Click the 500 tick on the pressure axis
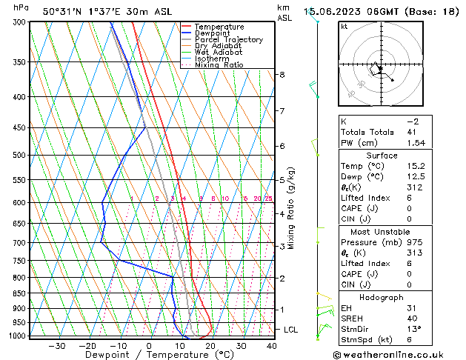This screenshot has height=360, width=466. (x=19, y=156)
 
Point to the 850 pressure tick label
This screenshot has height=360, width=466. (x=19, y=293)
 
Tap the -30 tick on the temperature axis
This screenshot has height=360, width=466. (x=57, y=345)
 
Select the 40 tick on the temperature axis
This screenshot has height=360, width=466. (x=271, y=345)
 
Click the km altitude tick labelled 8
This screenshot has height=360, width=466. (x=282, y=75)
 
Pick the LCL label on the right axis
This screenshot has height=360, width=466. (x=291, y=329)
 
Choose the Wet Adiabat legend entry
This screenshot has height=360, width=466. (x=219, y=53)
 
